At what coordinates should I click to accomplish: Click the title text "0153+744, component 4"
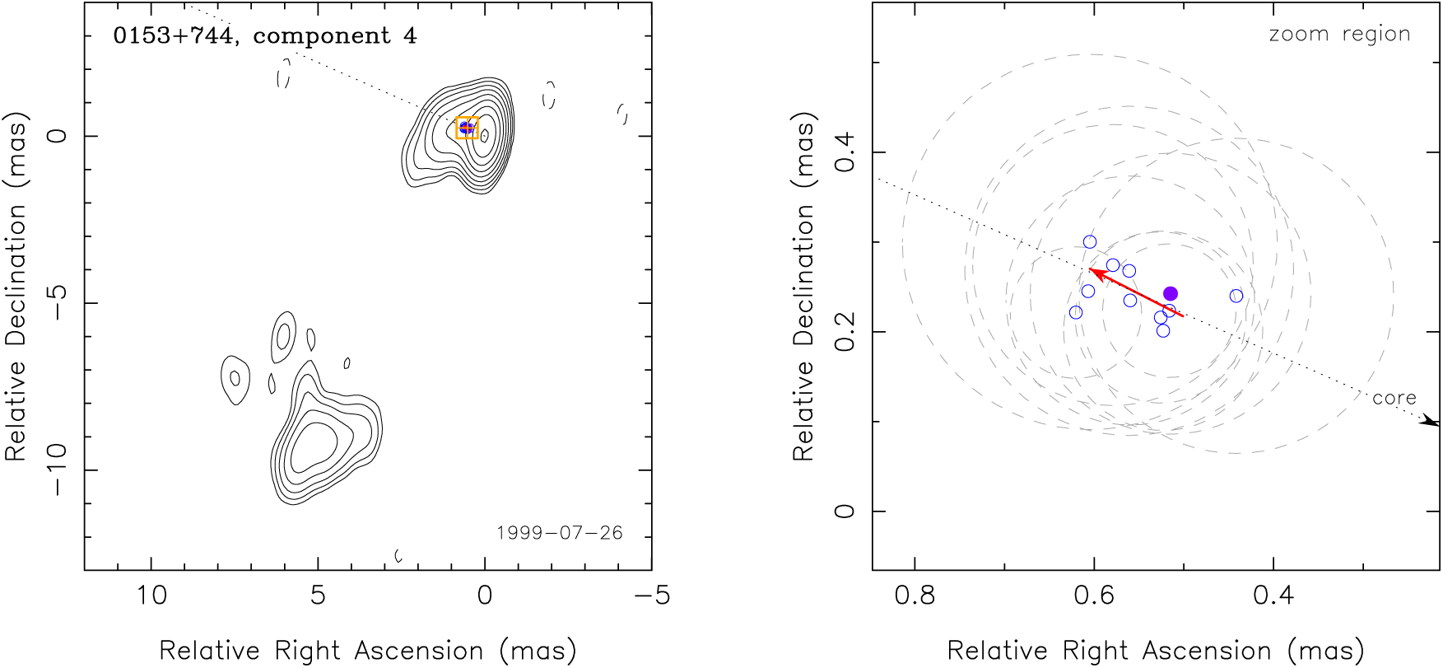point(264,36)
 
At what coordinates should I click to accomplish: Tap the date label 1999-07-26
point(559,533)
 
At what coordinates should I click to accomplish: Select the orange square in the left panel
point(467,128)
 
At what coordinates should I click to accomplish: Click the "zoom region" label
point(1339,35)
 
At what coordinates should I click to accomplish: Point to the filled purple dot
point(1171,293)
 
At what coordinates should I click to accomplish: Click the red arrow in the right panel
point(1135,292)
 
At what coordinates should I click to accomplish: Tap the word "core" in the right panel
point(1394,398)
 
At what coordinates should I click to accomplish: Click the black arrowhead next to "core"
point(1430,421)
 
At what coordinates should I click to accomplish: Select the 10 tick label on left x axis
point(151,595)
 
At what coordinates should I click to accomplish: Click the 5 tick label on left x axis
point(318,595)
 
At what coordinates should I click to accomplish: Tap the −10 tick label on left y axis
point(58,470)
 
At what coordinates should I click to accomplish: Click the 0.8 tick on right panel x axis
point(915,595)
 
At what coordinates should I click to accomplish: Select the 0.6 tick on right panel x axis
point(1094,595)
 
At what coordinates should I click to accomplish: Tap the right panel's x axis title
point(1156,651)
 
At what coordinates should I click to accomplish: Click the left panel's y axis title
point(16,286)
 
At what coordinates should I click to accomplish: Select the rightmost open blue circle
point(1236,296)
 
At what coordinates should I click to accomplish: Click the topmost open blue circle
point(1090,242)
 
